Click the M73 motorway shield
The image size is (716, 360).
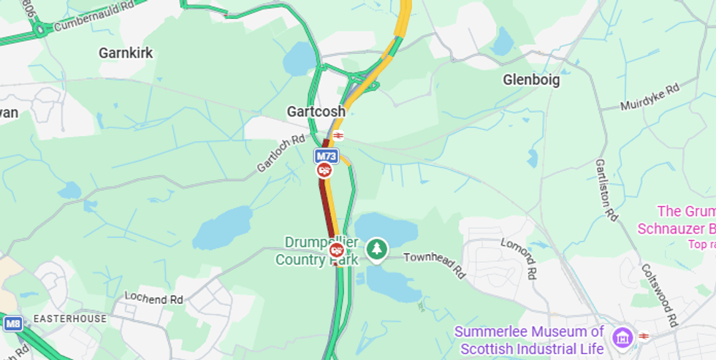coord(326,156)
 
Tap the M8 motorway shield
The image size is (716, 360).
coord(12,323)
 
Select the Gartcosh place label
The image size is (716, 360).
coord(316,112)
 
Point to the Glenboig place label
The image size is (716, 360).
coord(531,80)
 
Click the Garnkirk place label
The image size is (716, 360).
coord(126,53)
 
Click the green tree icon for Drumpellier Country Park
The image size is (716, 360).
coord(377,249)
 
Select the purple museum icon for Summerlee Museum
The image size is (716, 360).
coord(623,337)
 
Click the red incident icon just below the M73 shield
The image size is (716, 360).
coord(324,170)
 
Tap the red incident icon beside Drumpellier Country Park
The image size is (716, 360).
coord(337,250)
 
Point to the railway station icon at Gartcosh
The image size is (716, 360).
coord(338,135)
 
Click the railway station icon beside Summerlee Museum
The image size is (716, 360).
coord(644,336)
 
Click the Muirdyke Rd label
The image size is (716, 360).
coord(650,96)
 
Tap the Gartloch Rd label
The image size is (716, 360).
coord(281,153)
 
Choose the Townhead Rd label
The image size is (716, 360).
coord(435,264)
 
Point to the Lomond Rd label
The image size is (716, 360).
coord(519,257)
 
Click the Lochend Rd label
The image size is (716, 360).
coord(153,299)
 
